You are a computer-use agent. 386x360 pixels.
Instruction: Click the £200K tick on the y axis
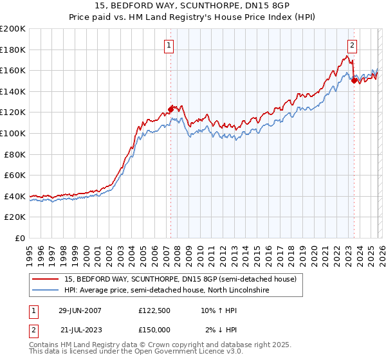coord(13,29)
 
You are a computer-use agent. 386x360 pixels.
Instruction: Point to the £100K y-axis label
coord(13,133)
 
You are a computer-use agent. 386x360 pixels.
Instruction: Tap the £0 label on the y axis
coord(20,238)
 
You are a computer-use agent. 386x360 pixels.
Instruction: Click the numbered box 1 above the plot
coord(169,45)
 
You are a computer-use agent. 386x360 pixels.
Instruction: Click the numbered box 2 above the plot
coord(353,45)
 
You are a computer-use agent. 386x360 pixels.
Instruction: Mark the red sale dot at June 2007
coord(170,109)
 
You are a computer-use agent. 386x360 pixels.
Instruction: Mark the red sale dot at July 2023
coord(354,81)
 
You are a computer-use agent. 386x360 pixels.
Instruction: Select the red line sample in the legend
coord(46,279)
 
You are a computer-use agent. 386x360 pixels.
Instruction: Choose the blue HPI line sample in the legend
coord(46,291)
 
